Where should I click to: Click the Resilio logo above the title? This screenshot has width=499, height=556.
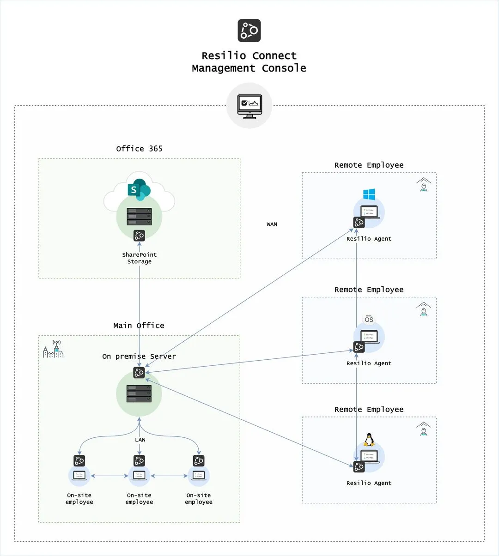coord(249,30)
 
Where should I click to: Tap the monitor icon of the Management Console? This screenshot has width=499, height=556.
coord(249,106)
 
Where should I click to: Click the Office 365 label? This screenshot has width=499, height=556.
coord(139,149)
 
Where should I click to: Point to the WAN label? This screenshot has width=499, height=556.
coord(272,224)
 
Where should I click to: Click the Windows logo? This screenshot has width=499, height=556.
coord(369,194)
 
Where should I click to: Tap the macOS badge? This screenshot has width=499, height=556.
coord(369,319)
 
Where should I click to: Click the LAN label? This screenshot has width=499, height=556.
coord(140,440)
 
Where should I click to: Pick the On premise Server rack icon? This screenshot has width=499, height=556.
coord(139,393)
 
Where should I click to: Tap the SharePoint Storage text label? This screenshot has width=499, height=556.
coord(139,258)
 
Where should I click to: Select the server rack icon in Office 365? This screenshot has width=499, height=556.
coord(139,217)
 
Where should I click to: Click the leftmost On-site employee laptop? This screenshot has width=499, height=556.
coord(79,476)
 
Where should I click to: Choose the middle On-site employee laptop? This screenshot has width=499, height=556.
coord(139,476)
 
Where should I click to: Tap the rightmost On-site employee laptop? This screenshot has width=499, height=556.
coord(199,476)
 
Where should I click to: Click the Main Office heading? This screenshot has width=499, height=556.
coord(139,326)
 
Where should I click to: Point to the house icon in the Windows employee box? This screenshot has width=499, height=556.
coord(423,184)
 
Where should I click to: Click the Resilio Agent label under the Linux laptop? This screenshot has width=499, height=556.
coord(369,483)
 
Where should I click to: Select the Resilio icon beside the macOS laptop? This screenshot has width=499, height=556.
coord(359,347)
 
